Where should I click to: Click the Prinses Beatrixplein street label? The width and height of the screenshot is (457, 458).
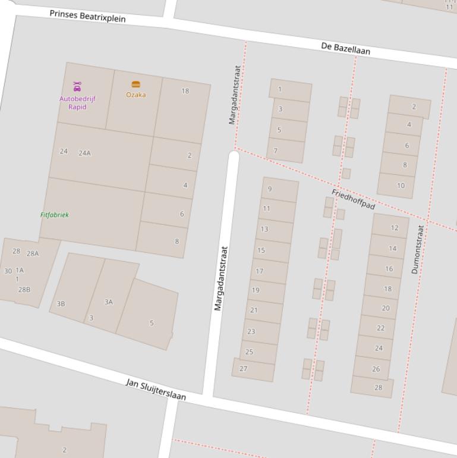click(87, 15)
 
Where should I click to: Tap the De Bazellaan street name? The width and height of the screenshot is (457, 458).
click(345, 49)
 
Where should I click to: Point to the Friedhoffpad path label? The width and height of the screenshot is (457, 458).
click(353, 199)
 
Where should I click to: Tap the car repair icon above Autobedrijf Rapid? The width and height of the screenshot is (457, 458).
click(77, 86)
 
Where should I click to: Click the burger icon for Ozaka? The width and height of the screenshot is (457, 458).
click(135, 84)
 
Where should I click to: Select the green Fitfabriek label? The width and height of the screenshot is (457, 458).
click(55, 215)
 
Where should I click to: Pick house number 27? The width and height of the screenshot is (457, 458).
click(243, 369)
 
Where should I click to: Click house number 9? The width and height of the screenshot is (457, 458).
click(270, 189)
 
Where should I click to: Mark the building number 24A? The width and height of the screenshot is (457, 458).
click(85, 153)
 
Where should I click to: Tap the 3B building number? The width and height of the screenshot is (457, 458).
click(61, 304)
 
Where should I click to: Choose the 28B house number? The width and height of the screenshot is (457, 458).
click(24, 290)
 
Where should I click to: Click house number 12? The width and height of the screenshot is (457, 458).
click(395, 228)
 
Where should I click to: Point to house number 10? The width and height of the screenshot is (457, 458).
click(401, 186)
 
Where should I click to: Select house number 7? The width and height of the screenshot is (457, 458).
click(275, 150)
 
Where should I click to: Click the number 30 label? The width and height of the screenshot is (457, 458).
click(8, 271)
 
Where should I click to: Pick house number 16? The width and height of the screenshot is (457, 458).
click(389, 269)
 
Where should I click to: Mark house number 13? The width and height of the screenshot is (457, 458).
click(264, 229)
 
